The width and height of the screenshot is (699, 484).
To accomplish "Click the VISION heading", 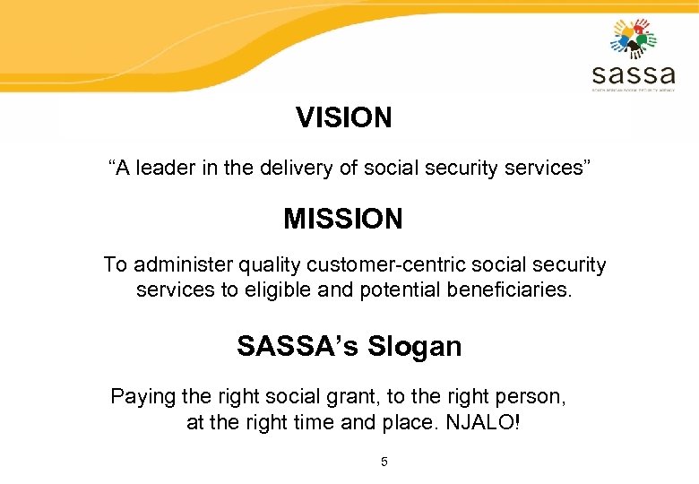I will tap(344, 117).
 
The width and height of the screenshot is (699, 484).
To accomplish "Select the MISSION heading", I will tap(343, 218).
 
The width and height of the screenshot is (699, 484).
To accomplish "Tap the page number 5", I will tap(384, 462).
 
